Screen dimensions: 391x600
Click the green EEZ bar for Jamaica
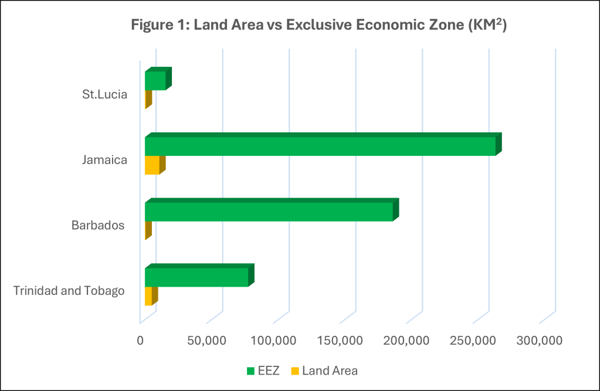(320, 146)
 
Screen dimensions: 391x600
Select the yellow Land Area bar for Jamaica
(152, 165)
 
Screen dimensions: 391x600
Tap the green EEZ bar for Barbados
(269, 212)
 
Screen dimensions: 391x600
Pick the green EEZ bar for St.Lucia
(155, 80)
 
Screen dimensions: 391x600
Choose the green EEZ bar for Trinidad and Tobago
(196, 277)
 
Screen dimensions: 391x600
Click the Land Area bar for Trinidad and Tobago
(149, 296)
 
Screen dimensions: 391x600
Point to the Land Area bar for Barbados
(148, 230)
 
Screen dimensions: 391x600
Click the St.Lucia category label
(104, 94)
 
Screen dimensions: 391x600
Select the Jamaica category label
(105, 159)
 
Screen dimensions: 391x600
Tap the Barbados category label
(98, 225)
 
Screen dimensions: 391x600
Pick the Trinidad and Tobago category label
(69, 291)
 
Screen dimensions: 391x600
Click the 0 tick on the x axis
(140, 341)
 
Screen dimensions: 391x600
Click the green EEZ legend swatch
(250, 370)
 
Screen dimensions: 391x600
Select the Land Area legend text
(330, 370)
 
